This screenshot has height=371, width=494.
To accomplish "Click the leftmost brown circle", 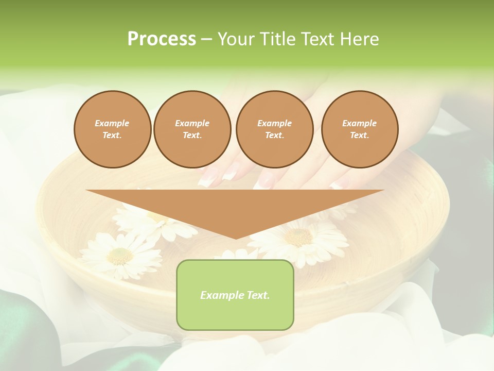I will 113,129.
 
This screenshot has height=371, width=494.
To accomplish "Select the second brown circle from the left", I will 192,129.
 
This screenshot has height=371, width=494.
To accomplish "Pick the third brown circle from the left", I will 275,129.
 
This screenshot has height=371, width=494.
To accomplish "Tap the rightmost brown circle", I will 360,129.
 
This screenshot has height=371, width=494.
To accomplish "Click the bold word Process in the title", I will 162,39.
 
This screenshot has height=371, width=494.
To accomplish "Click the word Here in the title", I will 360,39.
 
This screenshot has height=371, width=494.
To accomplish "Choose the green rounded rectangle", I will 235,295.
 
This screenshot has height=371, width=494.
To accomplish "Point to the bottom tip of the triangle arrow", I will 235,238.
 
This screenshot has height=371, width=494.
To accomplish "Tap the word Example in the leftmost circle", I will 112,123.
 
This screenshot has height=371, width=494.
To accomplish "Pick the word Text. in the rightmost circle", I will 360,135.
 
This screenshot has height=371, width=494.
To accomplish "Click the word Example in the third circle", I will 274,123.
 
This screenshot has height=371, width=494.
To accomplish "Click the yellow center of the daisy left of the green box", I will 120,254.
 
